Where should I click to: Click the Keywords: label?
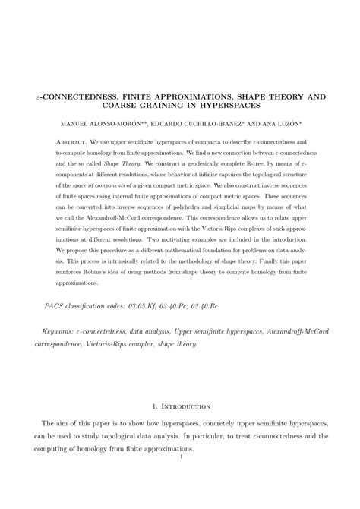pyautogui.click(x=59, y=332)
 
